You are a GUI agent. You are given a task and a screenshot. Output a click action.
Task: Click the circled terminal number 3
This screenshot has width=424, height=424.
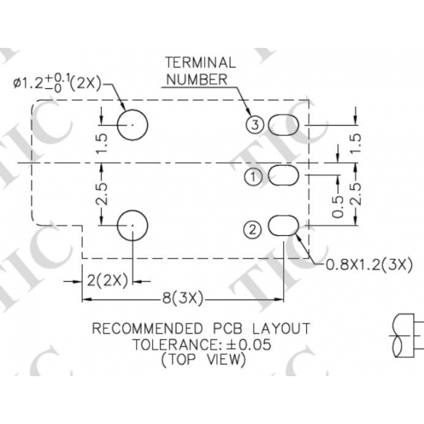tap(254, 124)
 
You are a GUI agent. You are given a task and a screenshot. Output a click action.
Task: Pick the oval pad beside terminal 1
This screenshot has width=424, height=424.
tap(284, 176)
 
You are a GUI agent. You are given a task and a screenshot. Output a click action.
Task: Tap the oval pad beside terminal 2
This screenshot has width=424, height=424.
tap(284, 226)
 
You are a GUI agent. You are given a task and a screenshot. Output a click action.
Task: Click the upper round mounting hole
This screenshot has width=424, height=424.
tap(132, 124)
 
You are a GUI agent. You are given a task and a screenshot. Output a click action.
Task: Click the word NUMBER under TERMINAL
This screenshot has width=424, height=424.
tap(198, 79)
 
